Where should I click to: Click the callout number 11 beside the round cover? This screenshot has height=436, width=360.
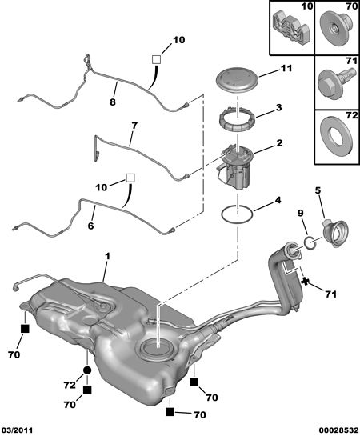(x=286, y=68)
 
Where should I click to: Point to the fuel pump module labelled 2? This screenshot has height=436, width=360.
(x=236, y=167)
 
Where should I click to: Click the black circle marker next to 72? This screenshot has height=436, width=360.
(x=87, y=370)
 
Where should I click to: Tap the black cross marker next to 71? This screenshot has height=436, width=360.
(x=305, y=282)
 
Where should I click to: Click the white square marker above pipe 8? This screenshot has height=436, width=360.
(x=157, y=59)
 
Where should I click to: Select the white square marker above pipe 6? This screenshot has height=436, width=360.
(x=130, y=178)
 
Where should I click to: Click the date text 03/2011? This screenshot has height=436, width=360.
(x=18, y=430)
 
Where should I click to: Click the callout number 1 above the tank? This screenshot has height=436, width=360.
(x=107, y=256)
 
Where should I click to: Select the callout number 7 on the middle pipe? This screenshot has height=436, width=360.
(x=134, y=126)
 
